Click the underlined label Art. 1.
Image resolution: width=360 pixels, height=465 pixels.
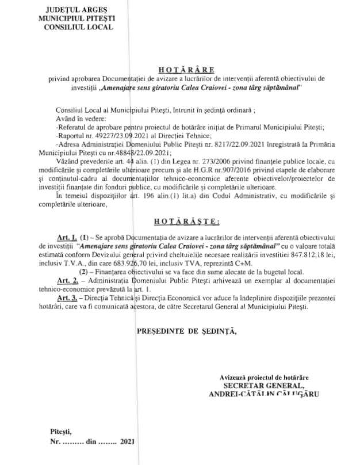(x=67, y=236)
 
